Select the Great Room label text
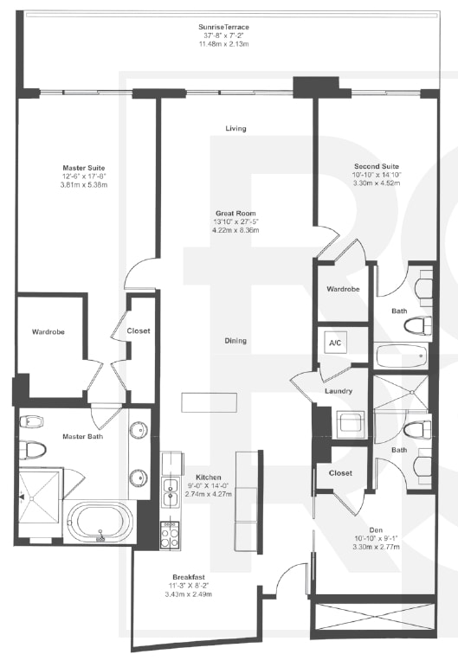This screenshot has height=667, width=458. (235, 213)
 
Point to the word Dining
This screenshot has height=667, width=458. (235, 340)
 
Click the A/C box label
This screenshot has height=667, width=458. (334, 343)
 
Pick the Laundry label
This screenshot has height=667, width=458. (338, 392)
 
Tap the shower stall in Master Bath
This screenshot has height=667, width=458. (41, 496)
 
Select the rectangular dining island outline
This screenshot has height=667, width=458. (210, 403)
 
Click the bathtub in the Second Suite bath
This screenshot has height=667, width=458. (403, 355)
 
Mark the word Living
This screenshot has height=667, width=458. (235, 128)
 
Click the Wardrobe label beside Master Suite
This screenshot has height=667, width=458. (48, 331)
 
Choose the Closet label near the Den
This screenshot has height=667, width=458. (341, 474)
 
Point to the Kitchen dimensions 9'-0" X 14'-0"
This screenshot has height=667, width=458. (209, 485)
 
